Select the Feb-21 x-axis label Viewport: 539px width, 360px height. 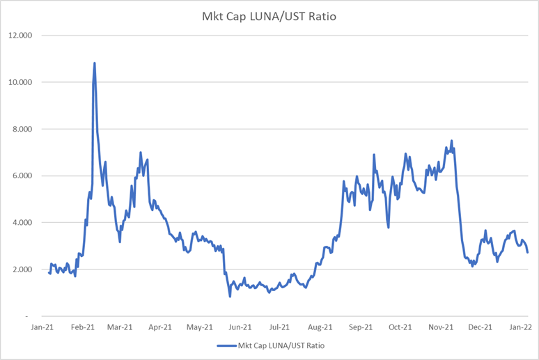tap(82, 326)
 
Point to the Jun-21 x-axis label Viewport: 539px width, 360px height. tap(240, 326)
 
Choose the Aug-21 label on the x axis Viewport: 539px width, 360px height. tap(320, 326)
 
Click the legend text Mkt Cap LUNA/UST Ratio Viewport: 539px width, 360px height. tap(281, 345)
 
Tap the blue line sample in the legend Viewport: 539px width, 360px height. tap(226, 345)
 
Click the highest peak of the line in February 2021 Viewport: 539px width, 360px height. tap(95, 63)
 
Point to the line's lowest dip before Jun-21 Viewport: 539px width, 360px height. tap(230, 297)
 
